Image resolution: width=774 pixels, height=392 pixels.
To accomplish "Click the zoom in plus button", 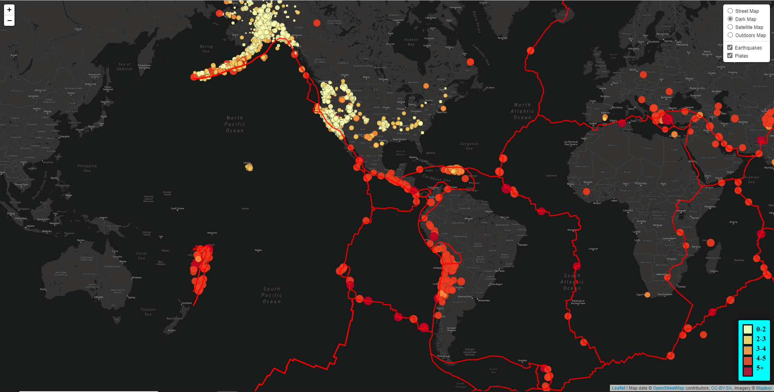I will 9,10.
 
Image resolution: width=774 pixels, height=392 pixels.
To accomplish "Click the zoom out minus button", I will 9,21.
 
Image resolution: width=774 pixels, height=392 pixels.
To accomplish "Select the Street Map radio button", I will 730,11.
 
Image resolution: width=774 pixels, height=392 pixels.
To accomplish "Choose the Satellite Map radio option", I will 730,27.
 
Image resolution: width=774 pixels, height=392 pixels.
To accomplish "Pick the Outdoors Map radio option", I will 730,35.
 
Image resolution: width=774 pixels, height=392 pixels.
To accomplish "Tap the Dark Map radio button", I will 730,19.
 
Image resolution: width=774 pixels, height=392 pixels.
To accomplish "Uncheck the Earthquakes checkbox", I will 730,48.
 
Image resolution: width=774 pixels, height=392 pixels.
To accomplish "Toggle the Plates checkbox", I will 730,56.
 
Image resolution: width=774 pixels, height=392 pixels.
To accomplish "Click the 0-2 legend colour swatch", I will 748,329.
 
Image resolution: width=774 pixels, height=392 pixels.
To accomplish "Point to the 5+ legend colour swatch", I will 748,371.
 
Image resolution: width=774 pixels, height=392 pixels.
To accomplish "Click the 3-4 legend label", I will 761,348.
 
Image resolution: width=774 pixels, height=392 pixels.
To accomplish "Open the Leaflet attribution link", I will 618,388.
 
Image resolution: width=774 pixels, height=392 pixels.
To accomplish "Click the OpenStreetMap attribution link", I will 668,388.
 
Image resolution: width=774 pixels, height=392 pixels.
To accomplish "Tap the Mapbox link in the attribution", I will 764,388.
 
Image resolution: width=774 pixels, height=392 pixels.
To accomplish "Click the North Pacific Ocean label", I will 235,124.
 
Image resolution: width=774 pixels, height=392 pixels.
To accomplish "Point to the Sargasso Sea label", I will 469,146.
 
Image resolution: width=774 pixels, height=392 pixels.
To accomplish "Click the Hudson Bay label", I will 411,42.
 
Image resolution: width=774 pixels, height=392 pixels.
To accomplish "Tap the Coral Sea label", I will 141,256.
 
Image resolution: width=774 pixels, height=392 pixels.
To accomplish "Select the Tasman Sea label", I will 148,312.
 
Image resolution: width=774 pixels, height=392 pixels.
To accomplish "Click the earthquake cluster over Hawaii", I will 249,167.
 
